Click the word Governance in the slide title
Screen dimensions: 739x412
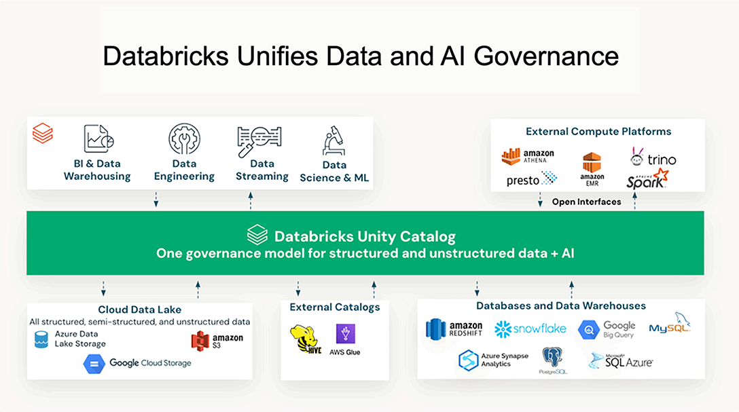click(x=546, y=56)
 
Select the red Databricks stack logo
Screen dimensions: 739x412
click(x=42, y=133)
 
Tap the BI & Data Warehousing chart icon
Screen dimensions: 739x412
click(x=98, y=138)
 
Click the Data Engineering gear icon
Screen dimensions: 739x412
click(x=184, y=139)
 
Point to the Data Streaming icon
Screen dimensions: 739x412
click(x=259, y=141)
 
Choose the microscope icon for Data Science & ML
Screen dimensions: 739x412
click(x=334, y=141)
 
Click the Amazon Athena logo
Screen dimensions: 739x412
click(x=528, y=156)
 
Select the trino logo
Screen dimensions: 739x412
click(x=653, y=157)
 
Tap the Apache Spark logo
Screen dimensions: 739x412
click(x=647, y=179)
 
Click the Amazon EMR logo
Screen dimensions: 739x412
click(x=592, y=169)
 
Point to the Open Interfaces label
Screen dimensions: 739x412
click(x=586, y=202)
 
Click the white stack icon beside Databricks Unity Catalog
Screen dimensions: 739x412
click(x=257, y=234)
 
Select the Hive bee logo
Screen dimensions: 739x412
click(x=306, y=339)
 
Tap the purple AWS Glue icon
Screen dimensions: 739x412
click(x=346, y=334)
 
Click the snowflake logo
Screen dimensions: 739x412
click(x=530, y=329)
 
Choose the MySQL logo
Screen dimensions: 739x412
click(x=670, y=323)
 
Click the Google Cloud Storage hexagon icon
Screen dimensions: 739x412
click(x=94, y=364)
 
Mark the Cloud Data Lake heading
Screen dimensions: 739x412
click(x=139, y=310)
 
